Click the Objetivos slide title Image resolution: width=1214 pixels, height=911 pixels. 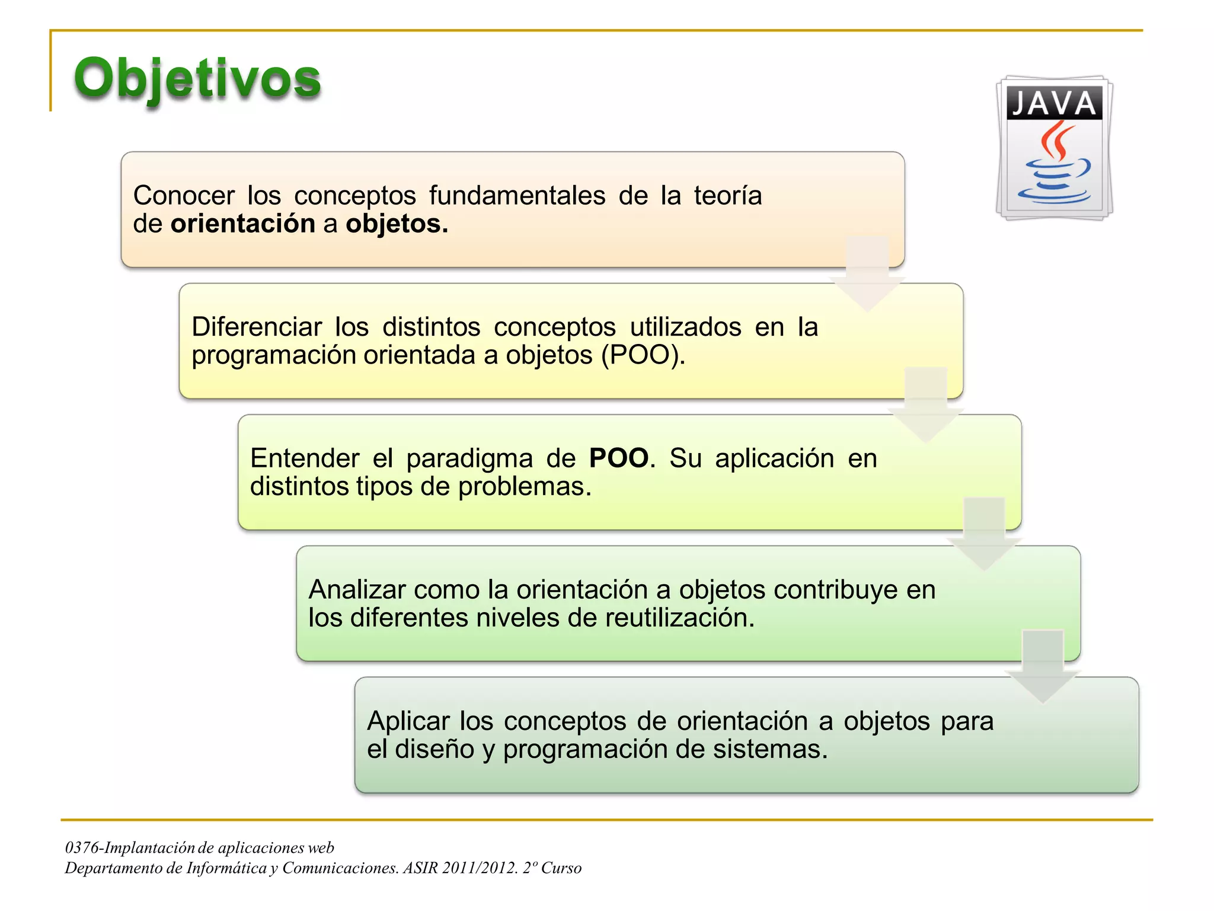pos(197,79)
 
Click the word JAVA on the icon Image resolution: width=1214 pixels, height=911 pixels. pos(1053,103)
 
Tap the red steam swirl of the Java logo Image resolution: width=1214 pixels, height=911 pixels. pos(1057,141)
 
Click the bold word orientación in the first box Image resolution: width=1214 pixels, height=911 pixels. pos(242,224)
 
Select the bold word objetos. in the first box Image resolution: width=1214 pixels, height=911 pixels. pos(397,224)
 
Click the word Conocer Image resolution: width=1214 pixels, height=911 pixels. pos(184,196)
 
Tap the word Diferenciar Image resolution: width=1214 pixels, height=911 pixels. pos(256,327)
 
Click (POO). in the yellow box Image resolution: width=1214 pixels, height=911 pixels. pos(643,355)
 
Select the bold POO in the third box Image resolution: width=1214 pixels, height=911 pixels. pos(618,458)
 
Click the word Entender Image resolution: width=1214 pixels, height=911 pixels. pos(304,458)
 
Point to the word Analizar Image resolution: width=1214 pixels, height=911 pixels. pos(356,590)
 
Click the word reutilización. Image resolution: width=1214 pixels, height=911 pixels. pos(679,618)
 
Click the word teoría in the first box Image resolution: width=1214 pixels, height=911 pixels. pos(727,196)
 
